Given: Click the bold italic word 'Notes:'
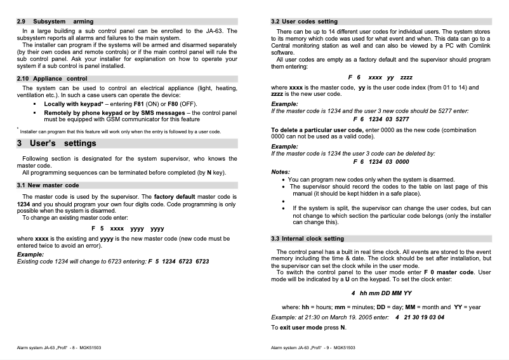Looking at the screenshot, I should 281,171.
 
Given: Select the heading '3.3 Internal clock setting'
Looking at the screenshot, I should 307,239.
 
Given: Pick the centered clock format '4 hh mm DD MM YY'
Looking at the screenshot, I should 381,293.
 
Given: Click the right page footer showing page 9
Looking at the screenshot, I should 313,348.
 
